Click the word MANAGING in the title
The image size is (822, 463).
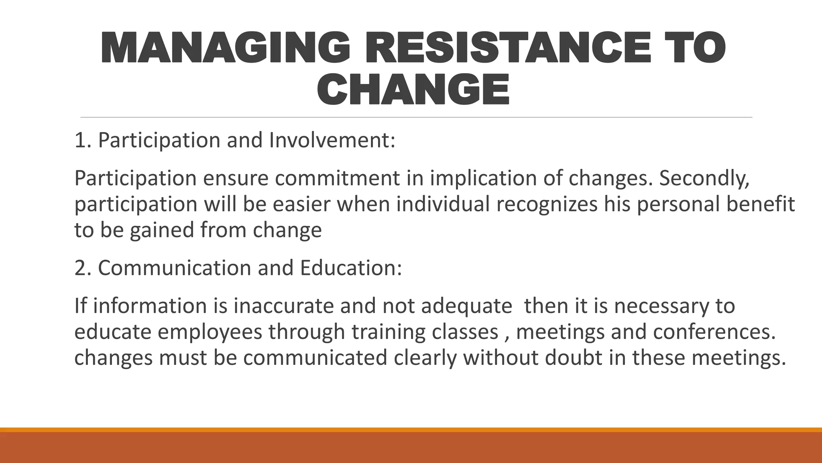tap(225, 47)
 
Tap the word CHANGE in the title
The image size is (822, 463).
tap(413, 89)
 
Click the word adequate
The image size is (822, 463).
tap(466, 306)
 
